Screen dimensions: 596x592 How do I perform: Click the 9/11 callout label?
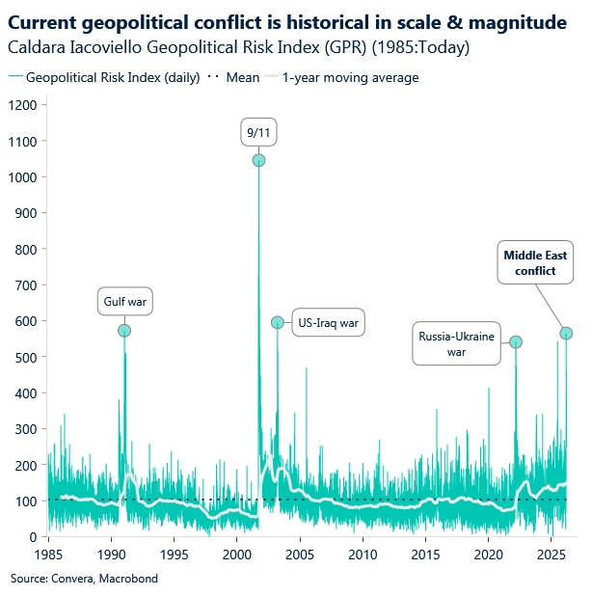tap(258, 131)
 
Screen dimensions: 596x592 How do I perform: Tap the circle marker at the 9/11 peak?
tap(258, 160)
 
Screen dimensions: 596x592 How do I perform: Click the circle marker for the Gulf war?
tap(124, 331)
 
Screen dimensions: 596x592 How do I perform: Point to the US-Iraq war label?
tap(328, 323)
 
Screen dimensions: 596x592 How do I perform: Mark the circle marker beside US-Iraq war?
tap(278, 323)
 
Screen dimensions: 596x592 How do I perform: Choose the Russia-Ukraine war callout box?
tap(456, 343)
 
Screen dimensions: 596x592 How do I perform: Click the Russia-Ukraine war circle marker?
tap(516, 342)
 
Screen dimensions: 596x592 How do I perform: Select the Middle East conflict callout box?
tap(535, 263)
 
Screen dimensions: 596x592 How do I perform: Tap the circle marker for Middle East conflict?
tap(566, 333)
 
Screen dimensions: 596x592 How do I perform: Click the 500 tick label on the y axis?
tap(28, 357)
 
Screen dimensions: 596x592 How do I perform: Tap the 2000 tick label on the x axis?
tap(237, 555)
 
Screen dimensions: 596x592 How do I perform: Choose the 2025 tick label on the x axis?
tap(551, 555)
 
